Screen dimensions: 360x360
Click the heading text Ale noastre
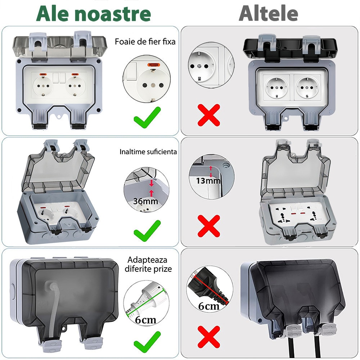(x=93, y=14)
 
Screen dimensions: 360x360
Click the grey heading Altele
(x=269, y=14)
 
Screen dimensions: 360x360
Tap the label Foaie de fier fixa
(x=145, y=41)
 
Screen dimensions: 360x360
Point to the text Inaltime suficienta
(x=148, y=152)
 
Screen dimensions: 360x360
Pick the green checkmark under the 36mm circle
(x=147, y=230)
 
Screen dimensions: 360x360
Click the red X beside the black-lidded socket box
(x=209, y=114)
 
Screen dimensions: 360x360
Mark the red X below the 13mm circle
(x=209, y=226)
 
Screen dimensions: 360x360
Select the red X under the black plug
(x=209, y=337)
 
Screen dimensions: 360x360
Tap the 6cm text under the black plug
(x=209, y=306)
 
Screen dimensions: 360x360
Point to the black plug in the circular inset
(x=207, y=286)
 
